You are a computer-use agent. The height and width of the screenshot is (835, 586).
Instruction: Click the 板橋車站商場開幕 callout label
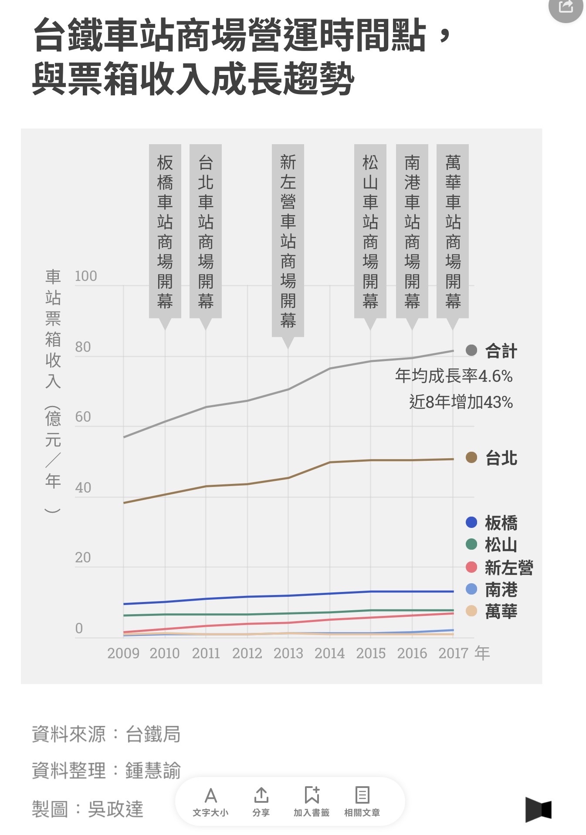(165, 231)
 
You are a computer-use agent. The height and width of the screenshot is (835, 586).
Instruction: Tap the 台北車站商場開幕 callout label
(206, 231)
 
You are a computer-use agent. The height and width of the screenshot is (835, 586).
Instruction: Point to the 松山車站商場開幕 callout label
(370, 231)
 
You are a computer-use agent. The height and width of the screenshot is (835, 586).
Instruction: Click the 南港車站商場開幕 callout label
(412, 231)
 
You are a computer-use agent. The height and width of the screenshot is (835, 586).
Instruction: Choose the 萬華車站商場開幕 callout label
(453, 231)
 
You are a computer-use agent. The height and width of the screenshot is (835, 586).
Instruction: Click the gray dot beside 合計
(471, 351)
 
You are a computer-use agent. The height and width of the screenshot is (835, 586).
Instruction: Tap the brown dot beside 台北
(471, 458)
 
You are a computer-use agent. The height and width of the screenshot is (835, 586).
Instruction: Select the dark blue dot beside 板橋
(471, 522)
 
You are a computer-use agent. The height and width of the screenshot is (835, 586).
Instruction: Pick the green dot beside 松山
(471, 544)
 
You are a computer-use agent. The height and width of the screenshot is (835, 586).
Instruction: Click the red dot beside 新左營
(471, 567)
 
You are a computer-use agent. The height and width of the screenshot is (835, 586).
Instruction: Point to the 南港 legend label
(501, 590)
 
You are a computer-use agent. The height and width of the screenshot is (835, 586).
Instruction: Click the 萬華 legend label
(501, 612)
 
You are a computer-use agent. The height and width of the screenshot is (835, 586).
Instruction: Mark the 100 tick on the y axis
(86, 276)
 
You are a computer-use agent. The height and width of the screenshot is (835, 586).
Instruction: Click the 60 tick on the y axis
(83, 417)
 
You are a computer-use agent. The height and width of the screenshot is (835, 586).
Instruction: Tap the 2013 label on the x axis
(288, 653)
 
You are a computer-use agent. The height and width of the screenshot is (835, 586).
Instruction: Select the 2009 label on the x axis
(123, 653)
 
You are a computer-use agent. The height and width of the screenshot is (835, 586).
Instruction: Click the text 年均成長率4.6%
(454, 376)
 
